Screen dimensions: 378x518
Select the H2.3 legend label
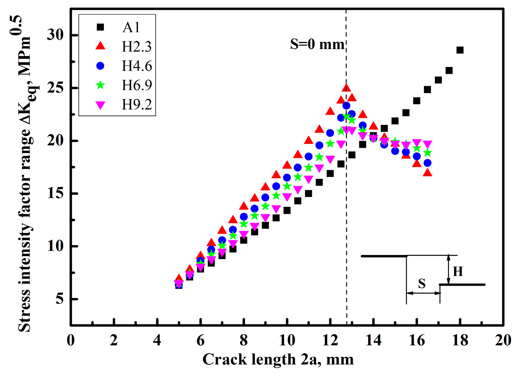136,47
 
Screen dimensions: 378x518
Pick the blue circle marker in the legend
100,66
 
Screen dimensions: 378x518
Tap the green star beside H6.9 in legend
100,85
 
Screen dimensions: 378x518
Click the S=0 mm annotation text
317,44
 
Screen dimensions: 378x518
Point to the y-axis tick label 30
55,35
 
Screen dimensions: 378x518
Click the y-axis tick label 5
60,299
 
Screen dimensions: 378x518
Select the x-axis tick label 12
330,340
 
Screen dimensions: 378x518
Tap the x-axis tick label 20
503,340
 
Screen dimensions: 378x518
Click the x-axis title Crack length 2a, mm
278,359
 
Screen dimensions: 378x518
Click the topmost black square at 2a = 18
460,50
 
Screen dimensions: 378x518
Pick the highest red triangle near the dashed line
346,88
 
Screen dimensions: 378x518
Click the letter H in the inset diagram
458,271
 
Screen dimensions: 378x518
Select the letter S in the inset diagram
422,284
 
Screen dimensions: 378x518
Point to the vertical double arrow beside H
449,270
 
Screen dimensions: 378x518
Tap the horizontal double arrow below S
423,293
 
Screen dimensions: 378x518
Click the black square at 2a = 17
438,80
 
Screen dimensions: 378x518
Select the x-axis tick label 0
71,340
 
